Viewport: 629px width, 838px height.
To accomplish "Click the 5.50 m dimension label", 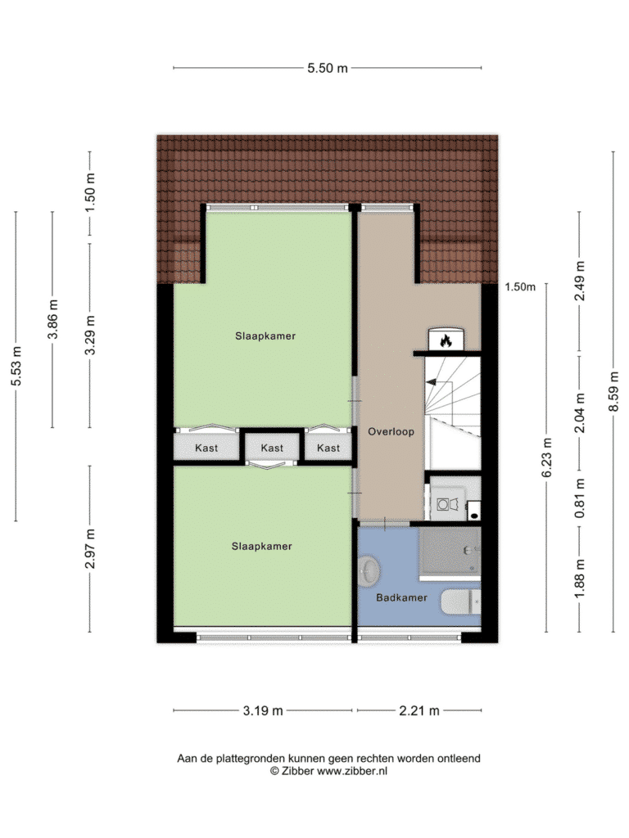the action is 328,68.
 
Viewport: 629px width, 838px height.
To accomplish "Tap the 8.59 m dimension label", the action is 613,392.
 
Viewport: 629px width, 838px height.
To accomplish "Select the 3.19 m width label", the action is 263,711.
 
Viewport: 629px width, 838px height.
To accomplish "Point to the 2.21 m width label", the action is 419,711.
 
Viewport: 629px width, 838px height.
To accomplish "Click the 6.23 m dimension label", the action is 546,458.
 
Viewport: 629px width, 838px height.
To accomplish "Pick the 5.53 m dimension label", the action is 16,367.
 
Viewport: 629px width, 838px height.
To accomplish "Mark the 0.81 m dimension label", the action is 580,498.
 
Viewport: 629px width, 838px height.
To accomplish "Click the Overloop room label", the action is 391,431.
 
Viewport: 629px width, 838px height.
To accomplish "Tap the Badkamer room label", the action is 401,597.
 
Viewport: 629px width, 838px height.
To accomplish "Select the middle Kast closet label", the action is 272,448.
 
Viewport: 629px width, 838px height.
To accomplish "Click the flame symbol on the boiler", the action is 446,340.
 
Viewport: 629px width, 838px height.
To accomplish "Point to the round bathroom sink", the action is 369,570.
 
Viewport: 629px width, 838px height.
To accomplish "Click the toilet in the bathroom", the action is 460,601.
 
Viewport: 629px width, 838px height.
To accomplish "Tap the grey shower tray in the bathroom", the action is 450,553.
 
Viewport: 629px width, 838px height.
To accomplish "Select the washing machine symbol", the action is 448,503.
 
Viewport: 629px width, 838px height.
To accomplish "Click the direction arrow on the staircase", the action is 431,382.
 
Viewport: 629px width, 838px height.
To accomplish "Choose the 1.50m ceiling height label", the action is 520,287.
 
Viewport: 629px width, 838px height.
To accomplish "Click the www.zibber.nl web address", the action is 352,771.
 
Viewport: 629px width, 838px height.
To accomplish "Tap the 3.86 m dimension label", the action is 52,319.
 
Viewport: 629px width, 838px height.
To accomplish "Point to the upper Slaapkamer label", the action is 265,336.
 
